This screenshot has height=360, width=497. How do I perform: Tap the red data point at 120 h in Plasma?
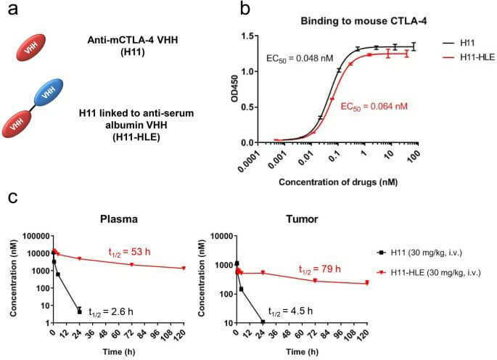[184, 268]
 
